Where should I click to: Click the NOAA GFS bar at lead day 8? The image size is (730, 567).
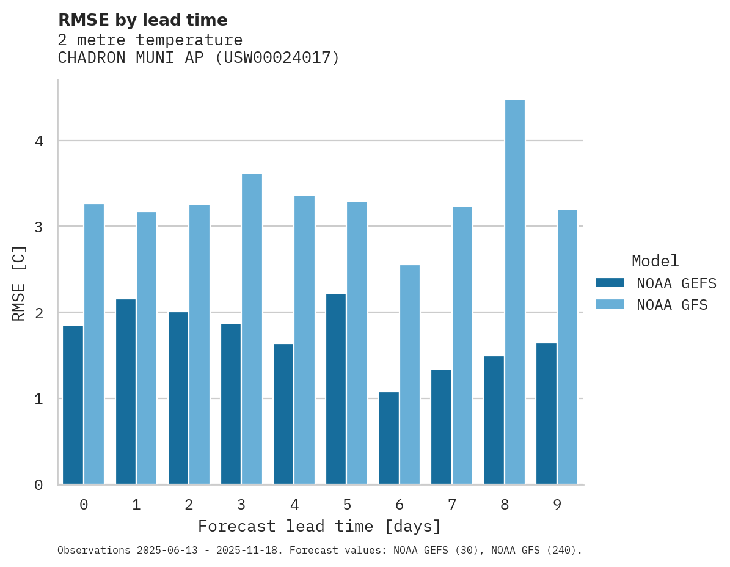[x=514, y=292]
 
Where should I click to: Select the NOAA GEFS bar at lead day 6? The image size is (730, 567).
[x=389, y=438]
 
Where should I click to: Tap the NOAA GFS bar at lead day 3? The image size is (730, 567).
[x=252, y=329]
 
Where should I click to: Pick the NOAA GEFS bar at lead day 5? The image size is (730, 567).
[x=336, y=389]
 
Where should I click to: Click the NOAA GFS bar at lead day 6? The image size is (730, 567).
[x=409, y=375]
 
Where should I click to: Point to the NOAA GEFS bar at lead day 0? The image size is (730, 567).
[x=73, y=405]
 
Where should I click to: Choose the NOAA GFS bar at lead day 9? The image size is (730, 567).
[x=567, y=347]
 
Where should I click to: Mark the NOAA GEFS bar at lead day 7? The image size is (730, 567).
[x=441, y=427]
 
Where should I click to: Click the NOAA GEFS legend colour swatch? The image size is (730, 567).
[x=610, y=283]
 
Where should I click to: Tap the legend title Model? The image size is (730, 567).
[x=655, y=262]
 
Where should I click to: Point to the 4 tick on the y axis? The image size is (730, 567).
[x=39, y=141]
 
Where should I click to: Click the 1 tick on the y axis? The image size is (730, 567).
[x=39, y=399]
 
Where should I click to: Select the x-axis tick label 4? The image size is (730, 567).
[x=294, y=505]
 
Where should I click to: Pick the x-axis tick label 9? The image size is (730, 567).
[x=557, y=505]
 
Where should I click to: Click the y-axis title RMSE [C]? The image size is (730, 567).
[x=19, y=283]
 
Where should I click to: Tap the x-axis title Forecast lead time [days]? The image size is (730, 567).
[x=319, y=526]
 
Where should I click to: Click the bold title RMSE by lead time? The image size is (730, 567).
[x=142, y=20]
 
